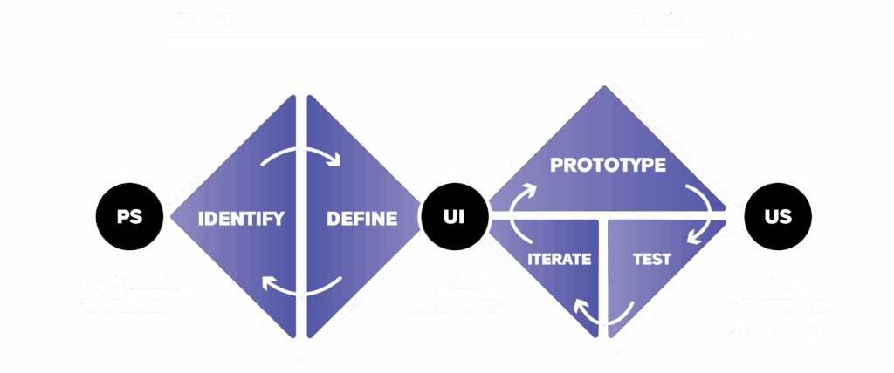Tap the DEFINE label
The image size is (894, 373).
[361, 218]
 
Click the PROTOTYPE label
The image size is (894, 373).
[608, 165]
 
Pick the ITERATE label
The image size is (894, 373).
[560, 259]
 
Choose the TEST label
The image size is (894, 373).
[650, 259]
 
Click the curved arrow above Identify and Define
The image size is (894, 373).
[300, 155]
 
